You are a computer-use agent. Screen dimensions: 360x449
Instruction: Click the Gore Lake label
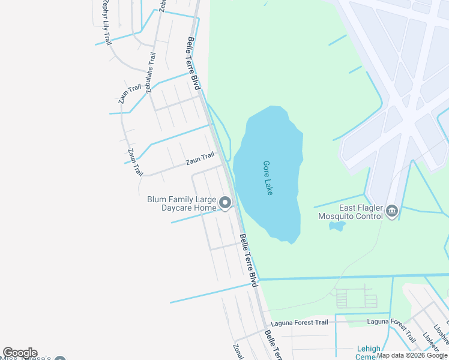point(268,178)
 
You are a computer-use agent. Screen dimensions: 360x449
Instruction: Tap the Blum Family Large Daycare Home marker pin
point(225,203)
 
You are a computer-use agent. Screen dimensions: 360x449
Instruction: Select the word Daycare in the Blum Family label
point(178,208)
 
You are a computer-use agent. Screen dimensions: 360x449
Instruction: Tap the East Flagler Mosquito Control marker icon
point(393,211)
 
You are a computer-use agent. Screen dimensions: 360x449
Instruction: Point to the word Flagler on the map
point(361,207)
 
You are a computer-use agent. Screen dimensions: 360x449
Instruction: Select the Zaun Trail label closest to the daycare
point(200,159)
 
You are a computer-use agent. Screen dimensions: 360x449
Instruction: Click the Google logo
point(20,353)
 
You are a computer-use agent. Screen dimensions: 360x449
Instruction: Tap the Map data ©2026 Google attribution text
point(412,355)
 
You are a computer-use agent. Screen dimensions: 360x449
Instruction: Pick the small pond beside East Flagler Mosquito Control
point(337,226)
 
